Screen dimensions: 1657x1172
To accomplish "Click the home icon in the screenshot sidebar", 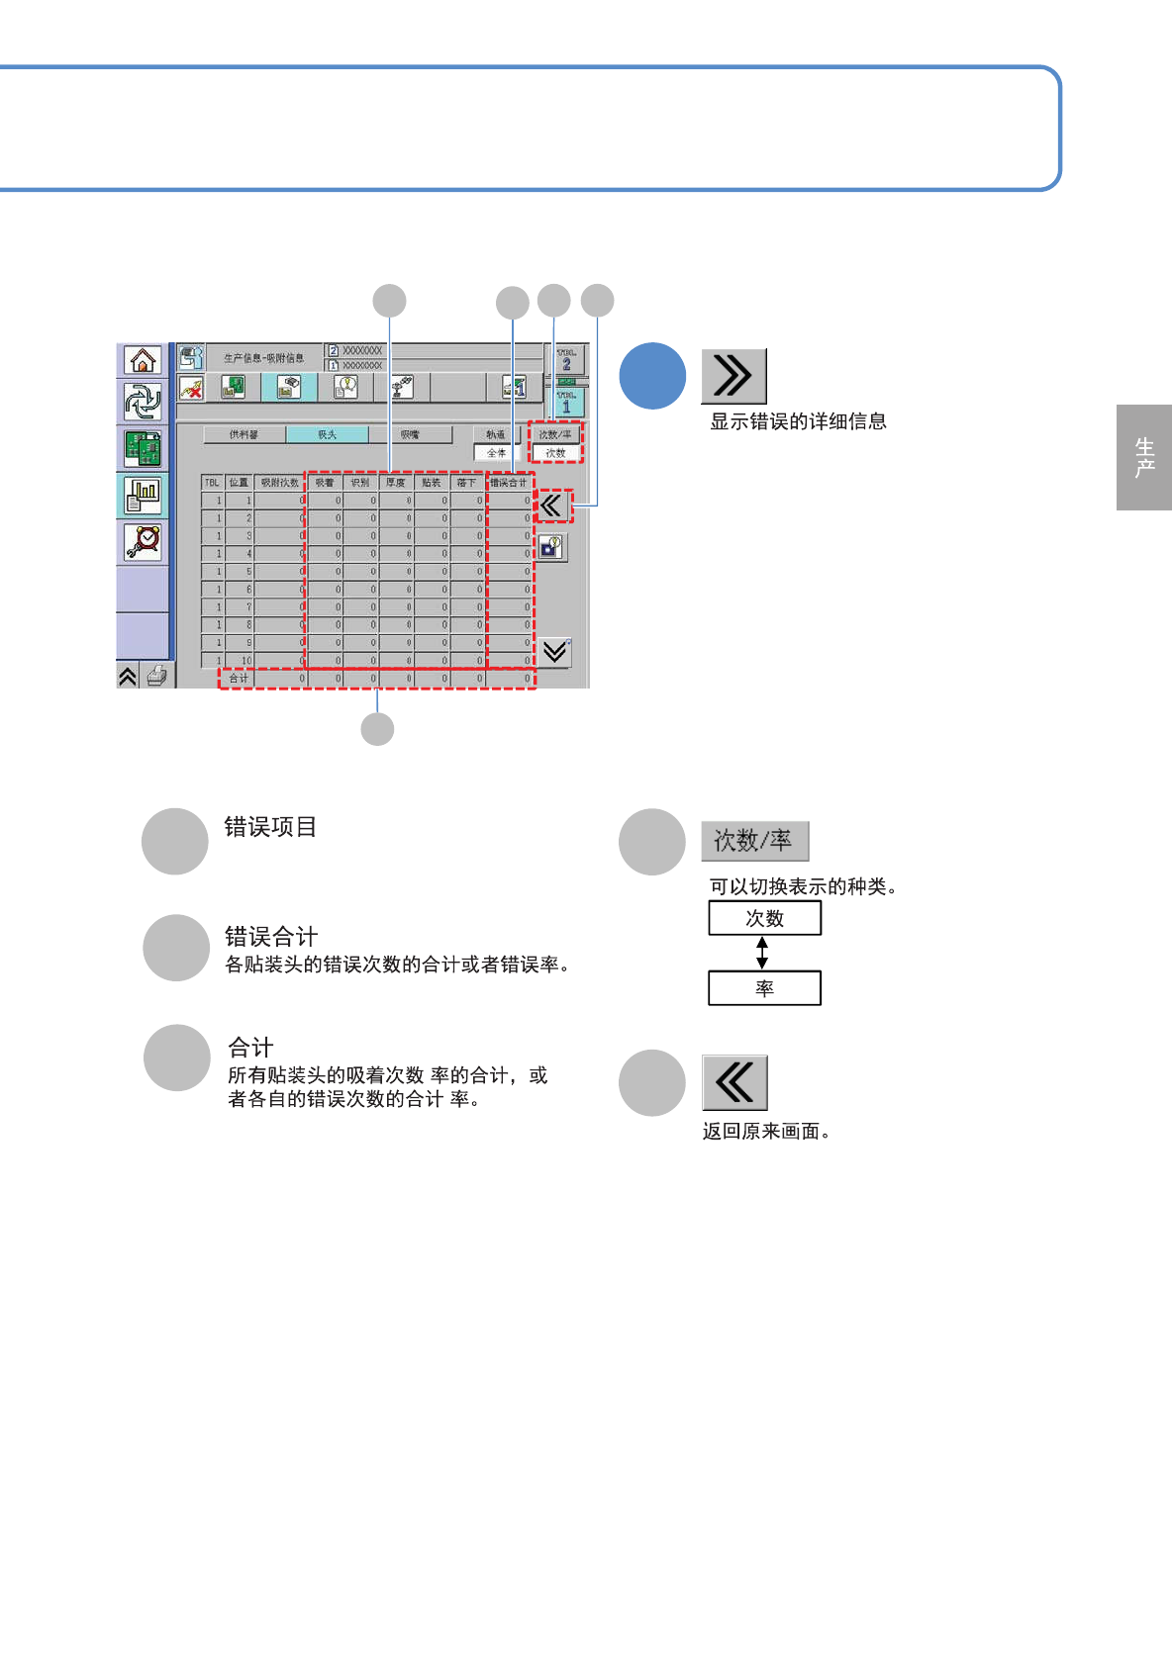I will pos(144,361).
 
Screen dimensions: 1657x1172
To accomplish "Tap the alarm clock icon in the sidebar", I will pos(144,542).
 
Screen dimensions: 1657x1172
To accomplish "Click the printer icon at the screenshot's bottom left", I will pos(156,676).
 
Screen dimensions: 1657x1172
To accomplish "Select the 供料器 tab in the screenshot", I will pos(244,434).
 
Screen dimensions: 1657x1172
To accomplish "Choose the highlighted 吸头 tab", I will pos(327,434).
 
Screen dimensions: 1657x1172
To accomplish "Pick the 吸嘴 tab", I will pos(410,434).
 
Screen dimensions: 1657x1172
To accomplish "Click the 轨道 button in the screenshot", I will pos(496,434).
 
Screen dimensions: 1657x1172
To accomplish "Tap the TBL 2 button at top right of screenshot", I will pos(567,360).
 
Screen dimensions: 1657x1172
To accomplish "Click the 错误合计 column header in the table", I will pos(509,483).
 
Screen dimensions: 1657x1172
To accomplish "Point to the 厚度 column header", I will pos(396,483).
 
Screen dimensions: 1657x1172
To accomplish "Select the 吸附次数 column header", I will pos(280,483).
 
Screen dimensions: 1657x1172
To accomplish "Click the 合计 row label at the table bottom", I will pos(239,679).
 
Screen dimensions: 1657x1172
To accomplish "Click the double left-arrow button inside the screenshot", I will pos(552,506).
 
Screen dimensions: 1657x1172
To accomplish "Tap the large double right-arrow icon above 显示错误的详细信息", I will pos(733,376).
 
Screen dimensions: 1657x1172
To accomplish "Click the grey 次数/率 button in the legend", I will pos(754,841).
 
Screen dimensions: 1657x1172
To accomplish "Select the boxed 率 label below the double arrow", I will pos(764,988).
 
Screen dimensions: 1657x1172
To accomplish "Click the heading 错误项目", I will pos(270,827).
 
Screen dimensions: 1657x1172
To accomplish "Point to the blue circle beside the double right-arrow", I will pos(652,376).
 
